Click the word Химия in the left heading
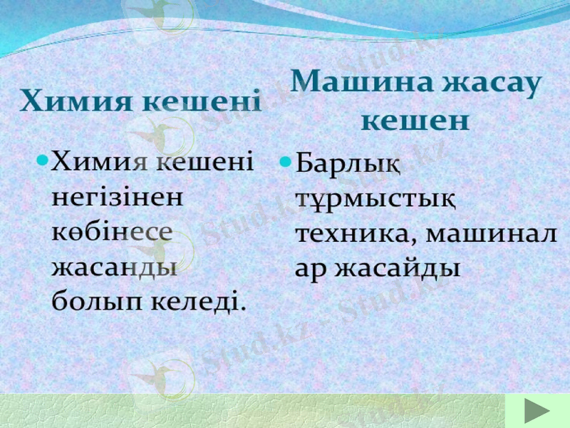(x=76, y=102)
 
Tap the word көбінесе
(x=113, y=232)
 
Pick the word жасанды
(x=115, y=267)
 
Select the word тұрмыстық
(x=375, y=198)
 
